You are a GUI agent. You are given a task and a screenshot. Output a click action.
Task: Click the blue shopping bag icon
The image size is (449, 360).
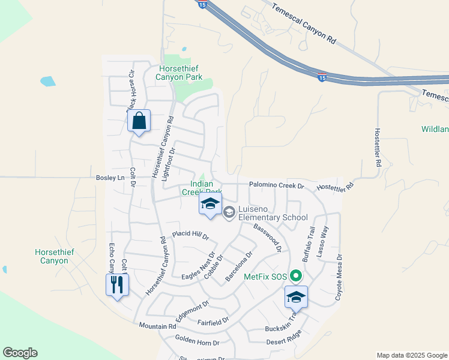[139, 121]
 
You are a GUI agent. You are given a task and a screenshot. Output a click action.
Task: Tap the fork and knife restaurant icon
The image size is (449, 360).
[117, 284]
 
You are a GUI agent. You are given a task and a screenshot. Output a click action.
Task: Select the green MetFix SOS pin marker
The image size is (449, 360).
[295, 277]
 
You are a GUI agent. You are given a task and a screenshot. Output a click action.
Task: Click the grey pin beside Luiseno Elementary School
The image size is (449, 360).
[229, 212]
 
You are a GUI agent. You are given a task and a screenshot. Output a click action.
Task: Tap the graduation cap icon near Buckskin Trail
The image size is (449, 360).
[296, 296]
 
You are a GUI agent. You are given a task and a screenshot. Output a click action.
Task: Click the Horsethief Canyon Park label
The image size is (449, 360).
[179, 73]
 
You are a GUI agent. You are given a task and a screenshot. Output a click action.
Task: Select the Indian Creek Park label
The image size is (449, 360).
[202, 188]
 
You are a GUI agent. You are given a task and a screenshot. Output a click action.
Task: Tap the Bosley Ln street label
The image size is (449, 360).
[110, 178]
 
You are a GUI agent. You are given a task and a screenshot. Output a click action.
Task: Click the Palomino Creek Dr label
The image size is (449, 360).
[277, 186]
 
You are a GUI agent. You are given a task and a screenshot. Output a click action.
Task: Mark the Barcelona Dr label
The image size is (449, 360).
[239, 266]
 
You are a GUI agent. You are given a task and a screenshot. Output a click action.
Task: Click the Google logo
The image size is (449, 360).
[20, 353]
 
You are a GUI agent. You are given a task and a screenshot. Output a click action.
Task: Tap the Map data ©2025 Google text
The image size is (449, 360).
[411, 355]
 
